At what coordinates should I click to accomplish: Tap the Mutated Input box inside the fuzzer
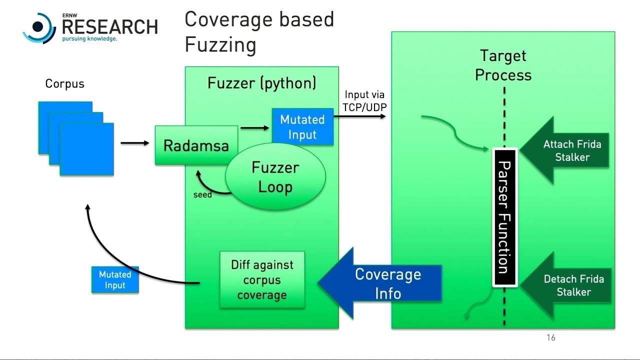(302, 127)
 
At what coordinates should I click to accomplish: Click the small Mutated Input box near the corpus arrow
(115, 280)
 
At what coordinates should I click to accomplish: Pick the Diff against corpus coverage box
(262, 280)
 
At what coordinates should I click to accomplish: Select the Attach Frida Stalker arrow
(567, 150)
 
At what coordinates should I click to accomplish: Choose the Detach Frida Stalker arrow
(568, 285)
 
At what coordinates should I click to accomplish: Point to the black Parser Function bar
(504, 217)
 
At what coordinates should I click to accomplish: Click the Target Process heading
(503, 65)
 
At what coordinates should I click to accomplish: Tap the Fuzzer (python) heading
(261, 82)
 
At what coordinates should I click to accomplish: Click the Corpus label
(64, 83)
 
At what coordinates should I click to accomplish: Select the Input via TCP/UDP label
(364, 100)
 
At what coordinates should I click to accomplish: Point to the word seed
(202, 195)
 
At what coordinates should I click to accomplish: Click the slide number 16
(550, 337)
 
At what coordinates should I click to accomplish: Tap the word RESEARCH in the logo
(109, 27)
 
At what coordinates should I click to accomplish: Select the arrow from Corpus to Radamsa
(135, 143)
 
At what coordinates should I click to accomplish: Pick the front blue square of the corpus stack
(86, 149)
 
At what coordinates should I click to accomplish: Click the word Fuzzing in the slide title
(220, 45)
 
